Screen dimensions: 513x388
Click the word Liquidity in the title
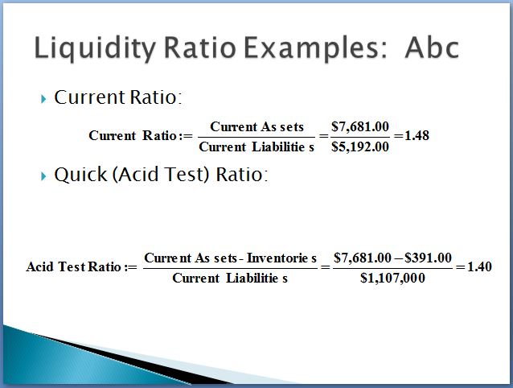pyautogui.click(x=95, y=48)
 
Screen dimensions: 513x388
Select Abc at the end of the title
pyautogui.click(x=432, y=47)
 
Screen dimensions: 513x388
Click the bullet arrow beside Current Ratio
pyautogui.click(x=43, y=98)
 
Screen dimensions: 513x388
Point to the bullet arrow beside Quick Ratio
pyautogui.click(x=43, y=175)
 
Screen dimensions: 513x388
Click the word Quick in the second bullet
pyautogui.click(x=80, y=174)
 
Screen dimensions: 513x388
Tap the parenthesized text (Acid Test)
pyautogui.click(x=161, y=174)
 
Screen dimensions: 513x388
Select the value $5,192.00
pyautogui.click(x=360, y=147)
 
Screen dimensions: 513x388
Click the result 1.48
pyautogui.click(x=417, y=135)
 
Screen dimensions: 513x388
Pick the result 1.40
pyautogui.click(x=479, y=266)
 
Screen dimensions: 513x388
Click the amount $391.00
pyautogui.click(x=428, y=258)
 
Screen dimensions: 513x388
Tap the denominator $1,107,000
pyautogui.click(x=392, y=278)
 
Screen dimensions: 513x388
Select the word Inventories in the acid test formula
pyautogui.click(x=281, y=258)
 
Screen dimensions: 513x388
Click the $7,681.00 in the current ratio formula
pyautogui.click(x=360, y=126)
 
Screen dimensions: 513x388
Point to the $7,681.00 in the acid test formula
pyautogui.click(x=362, y=258)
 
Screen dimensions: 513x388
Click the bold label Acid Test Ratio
pyautogui.click(x=74, y=266)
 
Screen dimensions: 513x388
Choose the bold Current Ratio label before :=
pyautogui.click(x=133, y=135)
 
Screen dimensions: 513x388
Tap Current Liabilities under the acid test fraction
pyautogui.click(x=230, y=278)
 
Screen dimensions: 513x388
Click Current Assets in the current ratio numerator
pyautogui.click(x=256, y=126)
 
